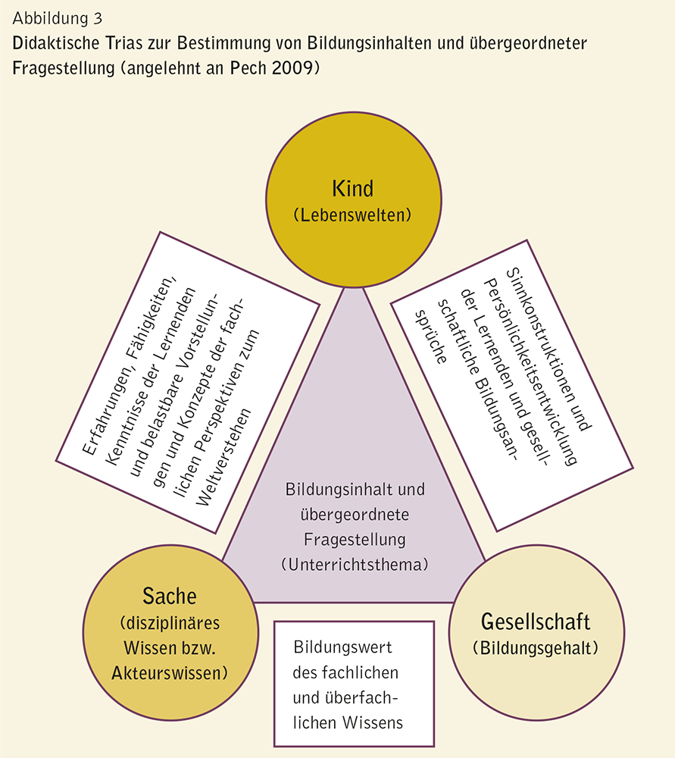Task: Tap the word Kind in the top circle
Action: coord(352,188)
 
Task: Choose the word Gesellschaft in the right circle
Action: coord(535,622)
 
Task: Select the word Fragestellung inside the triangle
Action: coord(355,540)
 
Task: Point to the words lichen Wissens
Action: coord(348,722)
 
